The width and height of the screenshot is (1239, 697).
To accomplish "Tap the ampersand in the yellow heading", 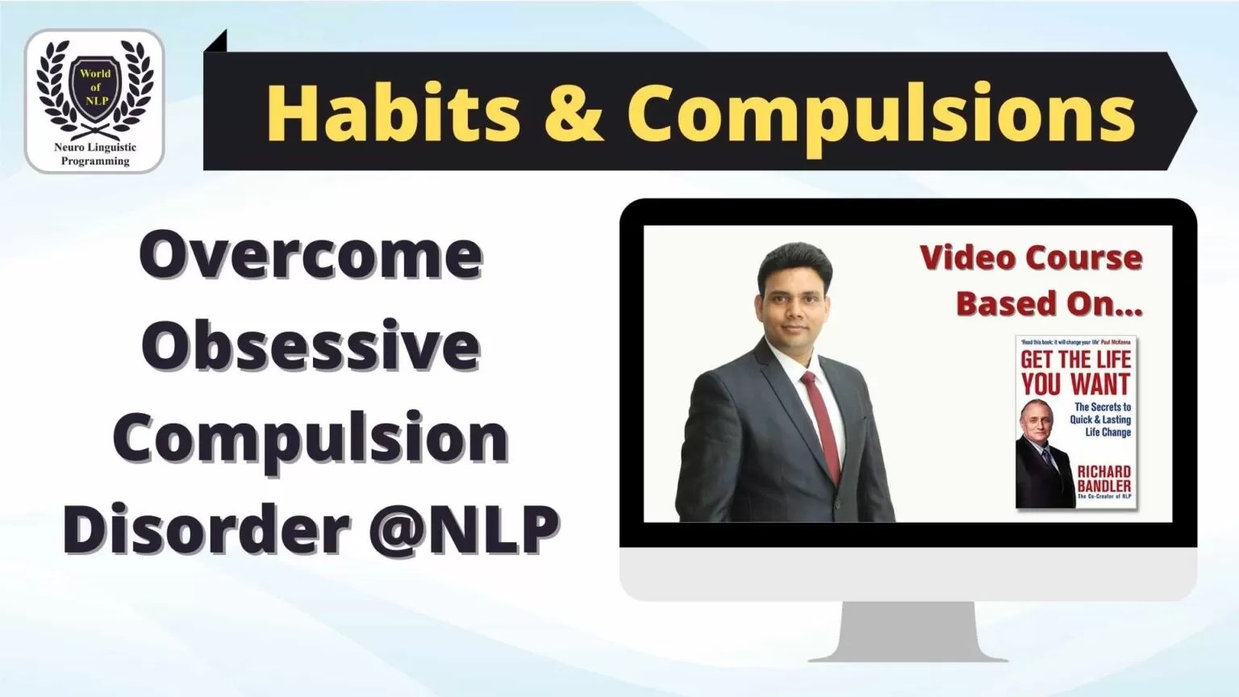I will click(574, 112).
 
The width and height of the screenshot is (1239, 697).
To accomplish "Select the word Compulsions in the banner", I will click(881, 112).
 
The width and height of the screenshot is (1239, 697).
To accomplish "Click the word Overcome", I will click(311, 255).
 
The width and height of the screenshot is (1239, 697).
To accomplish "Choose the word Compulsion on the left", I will click(311, 438).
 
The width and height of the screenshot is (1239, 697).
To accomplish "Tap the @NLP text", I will click(464, 528).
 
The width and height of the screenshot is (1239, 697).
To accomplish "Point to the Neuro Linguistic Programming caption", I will click(95, 154).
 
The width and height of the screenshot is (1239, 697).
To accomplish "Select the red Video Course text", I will click(1031, 258).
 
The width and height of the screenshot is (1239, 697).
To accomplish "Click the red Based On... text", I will click(1049, 303).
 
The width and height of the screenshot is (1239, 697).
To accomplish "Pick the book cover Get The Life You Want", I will click(1075, 421).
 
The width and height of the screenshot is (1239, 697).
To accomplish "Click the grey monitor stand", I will click(907, 632).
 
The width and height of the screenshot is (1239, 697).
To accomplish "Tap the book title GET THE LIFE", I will click(1076, 360).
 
